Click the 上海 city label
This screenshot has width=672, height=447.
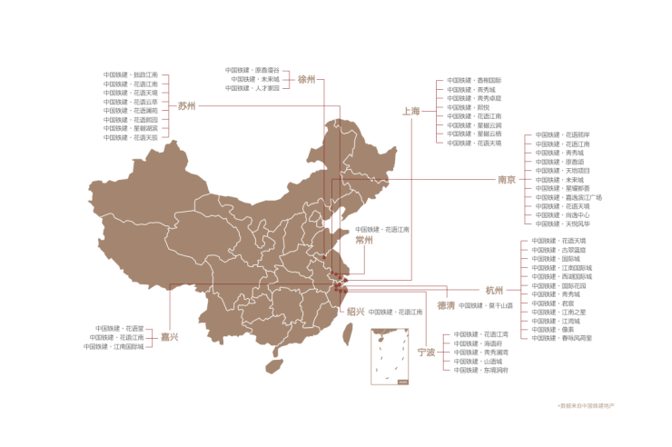click(411, 111)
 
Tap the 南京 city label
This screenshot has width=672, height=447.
click(507, 179)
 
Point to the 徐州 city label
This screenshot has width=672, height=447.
click(306, 79)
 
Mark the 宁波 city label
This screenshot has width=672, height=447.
click(426, 352)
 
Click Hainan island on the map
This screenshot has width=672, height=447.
click(272, 366)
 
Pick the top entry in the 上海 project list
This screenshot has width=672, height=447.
click(474, 80)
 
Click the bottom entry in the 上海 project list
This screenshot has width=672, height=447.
click(474, 143)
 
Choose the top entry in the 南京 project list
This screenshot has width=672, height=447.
click(562, 135)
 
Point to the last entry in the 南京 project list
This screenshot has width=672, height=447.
click(562, 223)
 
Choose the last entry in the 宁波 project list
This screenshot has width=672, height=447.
click(481, 370)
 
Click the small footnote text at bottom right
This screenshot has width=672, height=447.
click(586, 404)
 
